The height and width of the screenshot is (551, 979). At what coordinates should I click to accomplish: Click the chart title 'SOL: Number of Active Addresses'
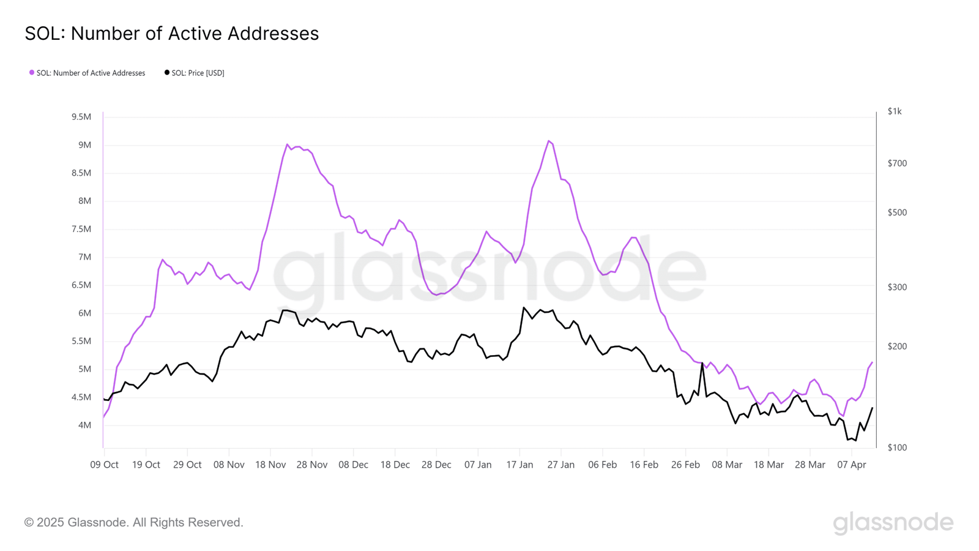tap(171, 34)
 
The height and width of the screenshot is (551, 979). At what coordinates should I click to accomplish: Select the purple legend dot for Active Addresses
tap(32, 73)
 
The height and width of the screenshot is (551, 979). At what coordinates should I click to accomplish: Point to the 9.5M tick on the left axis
tap(81, 117)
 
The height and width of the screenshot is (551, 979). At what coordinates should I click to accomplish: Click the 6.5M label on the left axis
tap(81, 285)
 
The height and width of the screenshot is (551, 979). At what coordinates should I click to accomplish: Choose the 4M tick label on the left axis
tap(84, 425)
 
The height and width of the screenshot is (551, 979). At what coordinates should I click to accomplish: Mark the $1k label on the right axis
tap(895, 111)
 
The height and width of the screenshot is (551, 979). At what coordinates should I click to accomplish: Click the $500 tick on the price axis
tap(897, 213)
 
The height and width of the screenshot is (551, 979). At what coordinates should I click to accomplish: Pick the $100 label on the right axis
tap(897, 448)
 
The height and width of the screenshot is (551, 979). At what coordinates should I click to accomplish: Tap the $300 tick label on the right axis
tap(897, 287)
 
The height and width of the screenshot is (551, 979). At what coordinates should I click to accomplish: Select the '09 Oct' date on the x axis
tap(104, 465)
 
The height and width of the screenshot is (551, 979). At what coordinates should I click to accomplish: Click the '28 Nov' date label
tap(311, 465)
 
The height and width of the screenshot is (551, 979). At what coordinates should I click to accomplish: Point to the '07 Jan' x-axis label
tap(478, 465)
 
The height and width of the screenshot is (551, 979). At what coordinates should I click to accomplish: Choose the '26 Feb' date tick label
tap(685, 465)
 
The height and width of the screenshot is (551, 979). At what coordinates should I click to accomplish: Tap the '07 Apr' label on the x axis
tap(852, 465)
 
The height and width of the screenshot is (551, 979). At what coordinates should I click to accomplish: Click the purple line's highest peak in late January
tap(549, 141)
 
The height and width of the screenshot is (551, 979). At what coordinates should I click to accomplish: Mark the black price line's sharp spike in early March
tap(702, 364)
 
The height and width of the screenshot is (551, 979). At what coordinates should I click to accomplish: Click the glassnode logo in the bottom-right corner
tap(893, 523)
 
